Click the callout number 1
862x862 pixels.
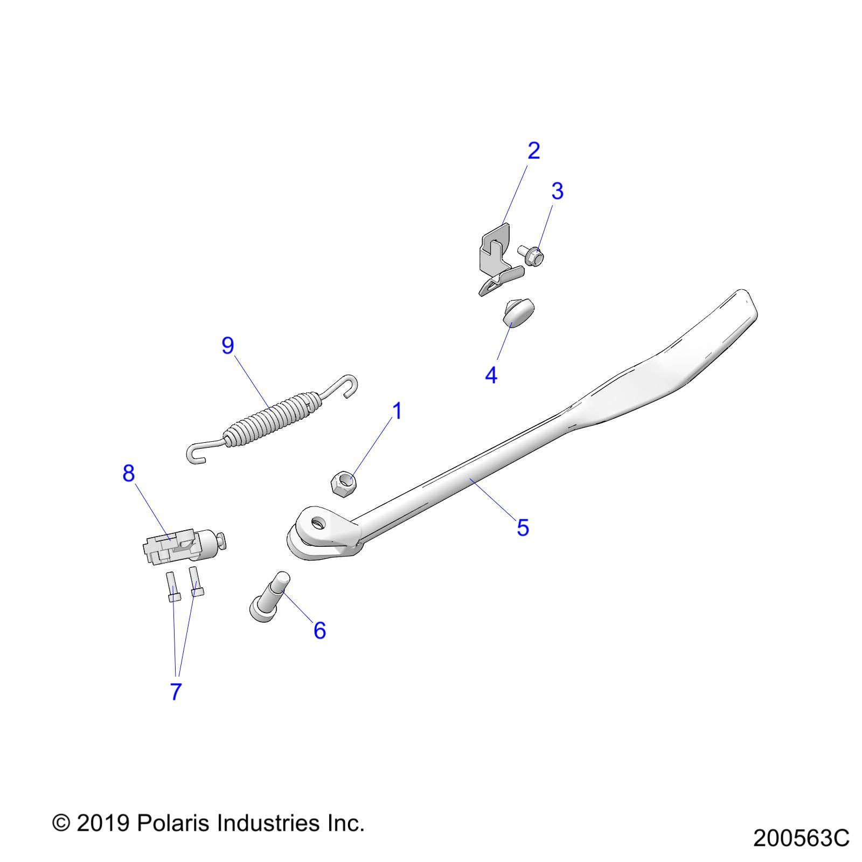tap(397, 412)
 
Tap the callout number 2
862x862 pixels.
tap(533, 151)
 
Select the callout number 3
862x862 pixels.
tap(557, 191)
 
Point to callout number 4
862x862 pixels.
tap(491, 375)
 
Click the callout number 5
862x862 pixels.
tap(523, 527)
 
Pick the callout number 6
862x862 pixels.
tap(319, 630)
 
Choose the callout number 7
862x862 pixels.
tap(176, 692)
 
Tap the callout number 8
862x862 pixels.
tap(128, 474)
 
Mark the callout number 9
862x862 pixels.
tap(228, 345)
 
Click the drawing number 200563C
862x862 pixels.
tap(801, 838)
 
